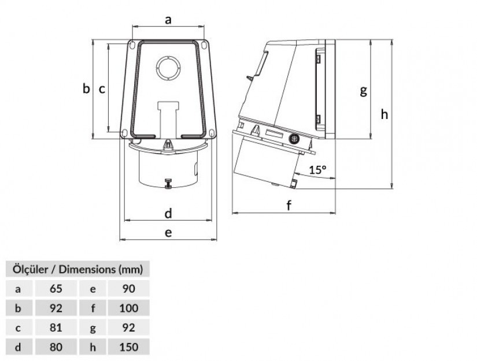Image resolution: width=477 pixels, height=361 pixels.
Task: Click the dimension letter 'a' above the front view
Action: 168,20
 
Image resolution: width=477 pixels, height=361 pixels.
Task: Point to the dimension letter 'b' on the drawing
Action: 86,89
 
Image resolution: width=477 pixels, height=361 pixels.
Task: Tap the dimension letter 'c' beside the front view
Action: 102,90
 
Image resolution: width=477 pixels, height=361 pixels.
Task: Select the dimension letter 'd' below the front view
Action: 168,213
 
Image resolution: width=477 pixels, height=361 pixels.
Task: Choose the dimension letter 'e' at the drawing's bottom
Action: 168,233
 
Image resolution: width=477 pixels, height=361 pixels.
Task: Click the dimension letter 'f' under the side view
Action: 289,205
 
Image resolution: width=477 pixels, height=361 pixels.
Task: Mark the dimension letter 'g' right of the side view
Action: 363,91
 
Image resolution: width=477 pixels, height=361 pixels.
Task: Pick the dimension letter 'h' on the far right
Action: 384,114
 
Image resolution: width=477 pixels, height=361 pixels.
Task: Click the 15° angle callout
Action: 318,169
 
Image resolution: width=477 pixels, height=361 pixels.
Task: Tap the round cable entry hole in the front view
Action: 168,68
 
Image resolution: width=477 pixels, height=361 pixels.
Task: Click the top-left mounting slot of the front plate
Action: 131,44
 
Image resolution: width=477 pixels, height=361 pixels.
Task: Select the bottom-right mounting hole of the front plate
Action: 212,133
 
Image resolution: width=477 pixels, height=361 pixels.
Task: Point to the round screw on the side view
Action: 294,139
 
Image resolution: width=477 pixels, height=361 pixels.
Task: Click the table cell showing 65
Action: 56,288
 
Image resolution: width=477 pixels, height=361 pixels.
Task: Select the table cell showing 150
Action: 129,347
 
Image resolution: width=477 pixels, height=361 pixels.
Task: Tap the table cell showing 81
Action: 56,327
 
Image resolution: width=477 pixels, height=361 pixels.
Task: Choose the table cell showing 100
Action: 129,308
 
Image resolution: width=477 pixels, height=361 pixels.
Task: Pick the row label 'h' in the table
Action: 93,347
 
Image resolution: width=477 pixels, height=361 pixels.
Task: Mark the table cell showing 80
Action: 56,347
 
